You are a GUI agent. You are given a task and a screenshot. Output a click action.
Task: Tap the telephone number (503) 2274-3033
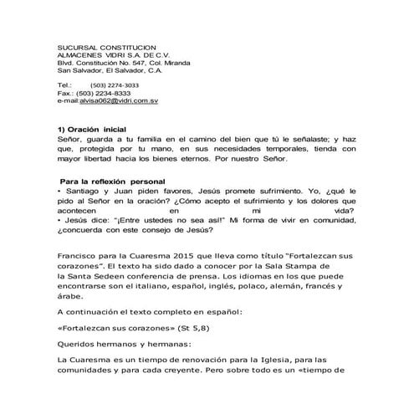(115, 85)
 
